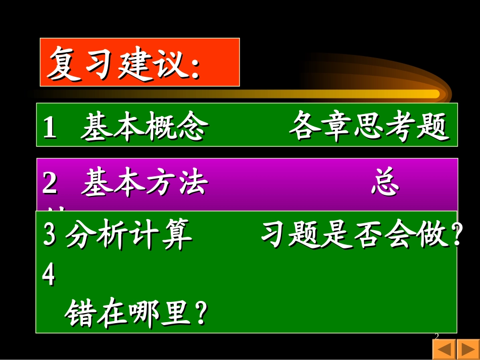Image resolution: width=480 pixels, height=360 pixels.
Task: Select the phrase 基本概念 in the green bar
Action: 143,127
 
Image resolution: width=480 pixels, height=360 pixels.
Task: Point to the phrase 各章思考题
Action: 368,127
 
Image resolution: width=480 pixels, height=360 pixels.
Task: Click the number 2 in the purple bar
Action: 50,183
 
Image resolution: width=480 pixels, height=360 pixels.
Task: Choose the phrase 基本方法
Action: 145,183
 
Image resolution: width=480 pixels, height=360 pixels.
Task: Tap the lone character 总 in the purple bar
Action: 385,183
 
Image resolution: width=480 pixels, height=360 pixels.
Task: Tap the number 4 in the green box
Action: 49,276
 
